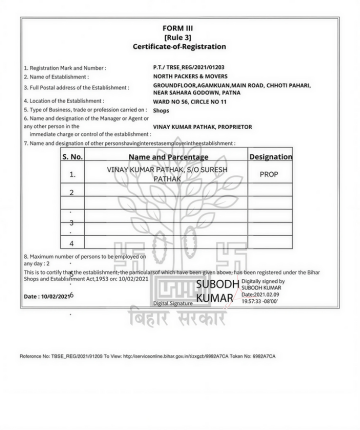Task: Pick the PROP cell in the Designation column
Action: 269,174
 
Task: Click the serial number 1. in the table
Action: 73,175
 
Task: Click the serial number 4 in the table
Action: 73,242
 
